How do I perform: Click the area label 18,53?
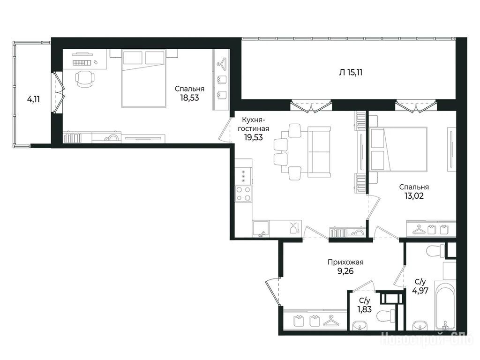189,98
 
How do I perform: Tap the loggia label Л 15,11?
351,73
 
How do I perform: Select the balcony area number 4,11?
34,99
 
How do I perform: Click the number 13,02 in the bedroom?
414,196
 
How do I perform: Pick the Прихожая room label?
345,262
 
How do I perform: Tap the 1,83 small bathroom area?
365,309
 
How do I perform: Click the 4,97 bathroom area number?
420,290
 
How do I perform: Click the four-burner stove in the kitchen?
243,194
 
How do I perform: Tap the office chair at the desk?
84,79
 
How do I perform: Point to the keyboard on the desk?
82,63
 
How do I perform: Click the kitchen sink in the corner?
261,229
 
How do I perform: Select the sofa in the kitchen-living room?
319,152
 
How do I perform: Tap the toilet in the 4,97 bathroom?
435,251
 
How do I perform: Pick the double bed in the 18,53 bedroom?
143,78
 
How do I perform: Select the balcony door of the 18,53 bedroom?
59,92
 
